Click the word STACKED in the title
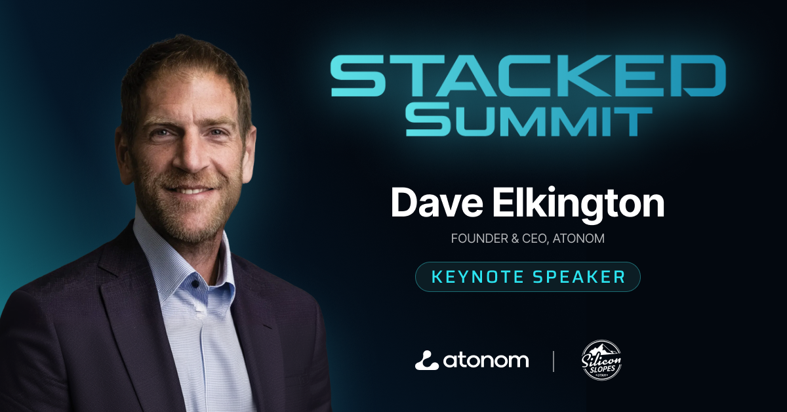coord(528,75)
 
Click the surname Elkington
coord(578,205)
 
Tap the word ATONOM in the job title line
coord(578,238)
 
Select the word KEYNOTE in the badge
coord(478,277)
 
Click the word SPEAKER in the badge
coord(579,277)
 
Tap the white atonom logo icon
coord(426,361)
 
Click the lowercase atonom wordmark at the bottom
coord(486,360)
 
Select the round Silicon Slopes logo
coord(601,360)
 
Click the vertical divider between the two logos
coord(554,361)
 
